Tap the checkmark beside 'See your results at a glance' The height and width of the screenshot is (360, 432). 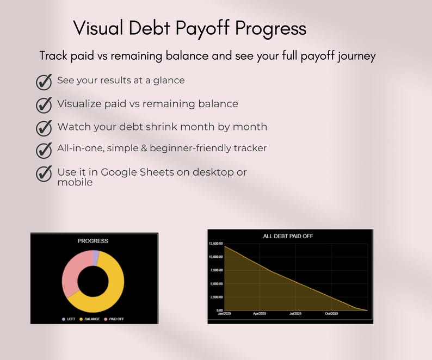44,82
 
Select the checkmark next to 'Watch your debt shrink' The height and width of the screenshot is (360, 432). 44,128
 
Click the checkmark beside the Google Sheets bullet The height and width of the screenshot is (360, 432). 44,173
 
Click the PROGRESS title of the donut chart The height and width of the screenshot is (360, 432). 93,241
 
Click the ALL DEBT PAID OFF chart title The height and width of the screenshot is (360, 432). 288,236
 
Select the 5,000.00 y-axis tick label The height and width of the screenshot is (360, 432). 215,284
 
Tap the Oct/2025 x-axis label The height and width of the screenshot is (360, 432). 331,314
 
